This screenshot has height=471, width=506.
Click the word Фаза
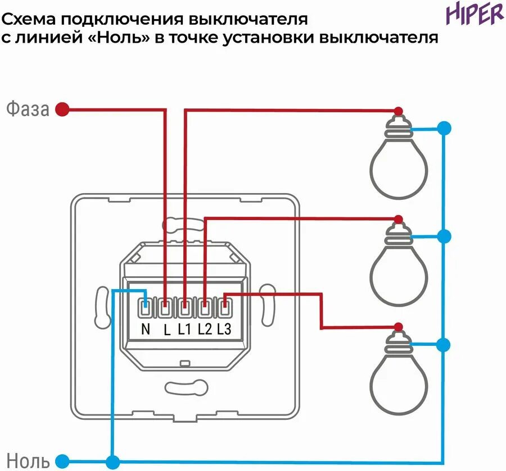pyautogui.click(x=28, y=109)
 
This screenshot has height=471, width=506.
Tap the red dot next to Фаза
pyautogui.click(x=64, y=109)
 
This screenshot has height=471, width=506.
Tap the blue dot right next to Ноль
pyautogui.click(x=63, y=461)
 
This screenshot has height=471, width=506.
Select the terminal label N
pyautogui.click(x=146, y=330)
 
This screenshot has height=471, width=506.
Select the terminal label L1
pyautogui.click(x=184, y=330)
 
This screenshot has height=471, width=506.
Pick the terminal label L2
pyautogui.click(x=204, y=330)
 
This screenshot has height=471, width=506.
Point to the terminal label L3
pyautogui.click(x=224, y=330)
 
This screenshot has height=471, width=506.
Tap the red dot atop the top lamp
pyautogui.click(x=399, y=111)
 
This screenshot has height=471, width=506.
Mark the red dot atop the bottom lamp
pyautogui.click(x=399, y=326)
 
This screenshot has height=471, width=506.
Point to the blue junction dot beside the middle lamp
pyautogui.click(x=444, y=236)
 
